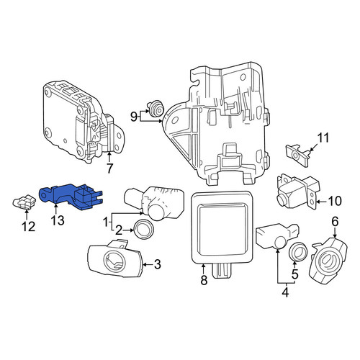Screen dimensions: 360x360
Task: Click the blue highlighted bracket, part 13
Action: (70, 196)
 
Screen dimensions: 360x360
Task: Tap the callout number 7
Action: (109, 168)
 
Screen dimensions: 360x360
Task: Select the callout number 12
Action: (29, 226)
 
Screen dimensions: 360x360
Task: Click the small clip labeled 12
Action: (24, 202)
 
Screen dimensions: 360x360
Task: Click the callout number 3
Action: (157, 264)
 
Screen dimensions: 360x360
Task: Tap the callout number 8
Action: (204, 280)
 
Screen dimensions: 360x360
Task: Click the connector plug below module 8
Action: (222, 271)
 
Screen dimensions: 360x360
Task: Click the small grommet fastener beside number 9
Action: (155, 109)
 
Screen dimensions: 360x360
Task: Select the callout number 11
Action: (323, 138)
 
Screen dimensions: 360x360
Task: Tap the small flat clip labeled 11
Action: (297, 155)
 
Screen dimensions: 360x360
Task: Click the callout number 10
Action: (335, 201)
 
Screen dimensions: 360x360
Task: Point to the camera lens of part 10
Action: (282, 199)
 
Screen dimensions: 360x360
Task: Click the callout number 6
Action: (335, 222)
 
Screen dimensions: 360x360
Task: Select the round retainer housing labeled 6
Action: (329, 261)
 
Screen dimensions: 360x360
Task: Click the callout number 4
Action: (285, 293)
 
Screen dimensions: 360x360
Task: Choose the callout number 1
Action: (106, 222)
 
